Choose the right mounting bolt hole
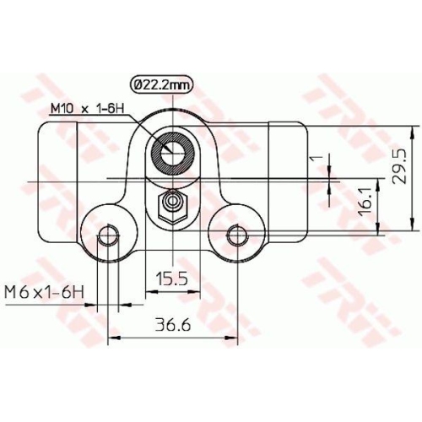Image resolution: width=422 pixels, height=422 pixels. tap(237, 234)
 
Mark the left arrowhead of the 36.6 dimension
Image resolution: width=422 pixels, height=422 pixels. tap(113, 338)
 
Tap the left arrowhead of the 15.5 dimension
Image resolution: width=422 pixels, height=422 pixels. tap(151, 291)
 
